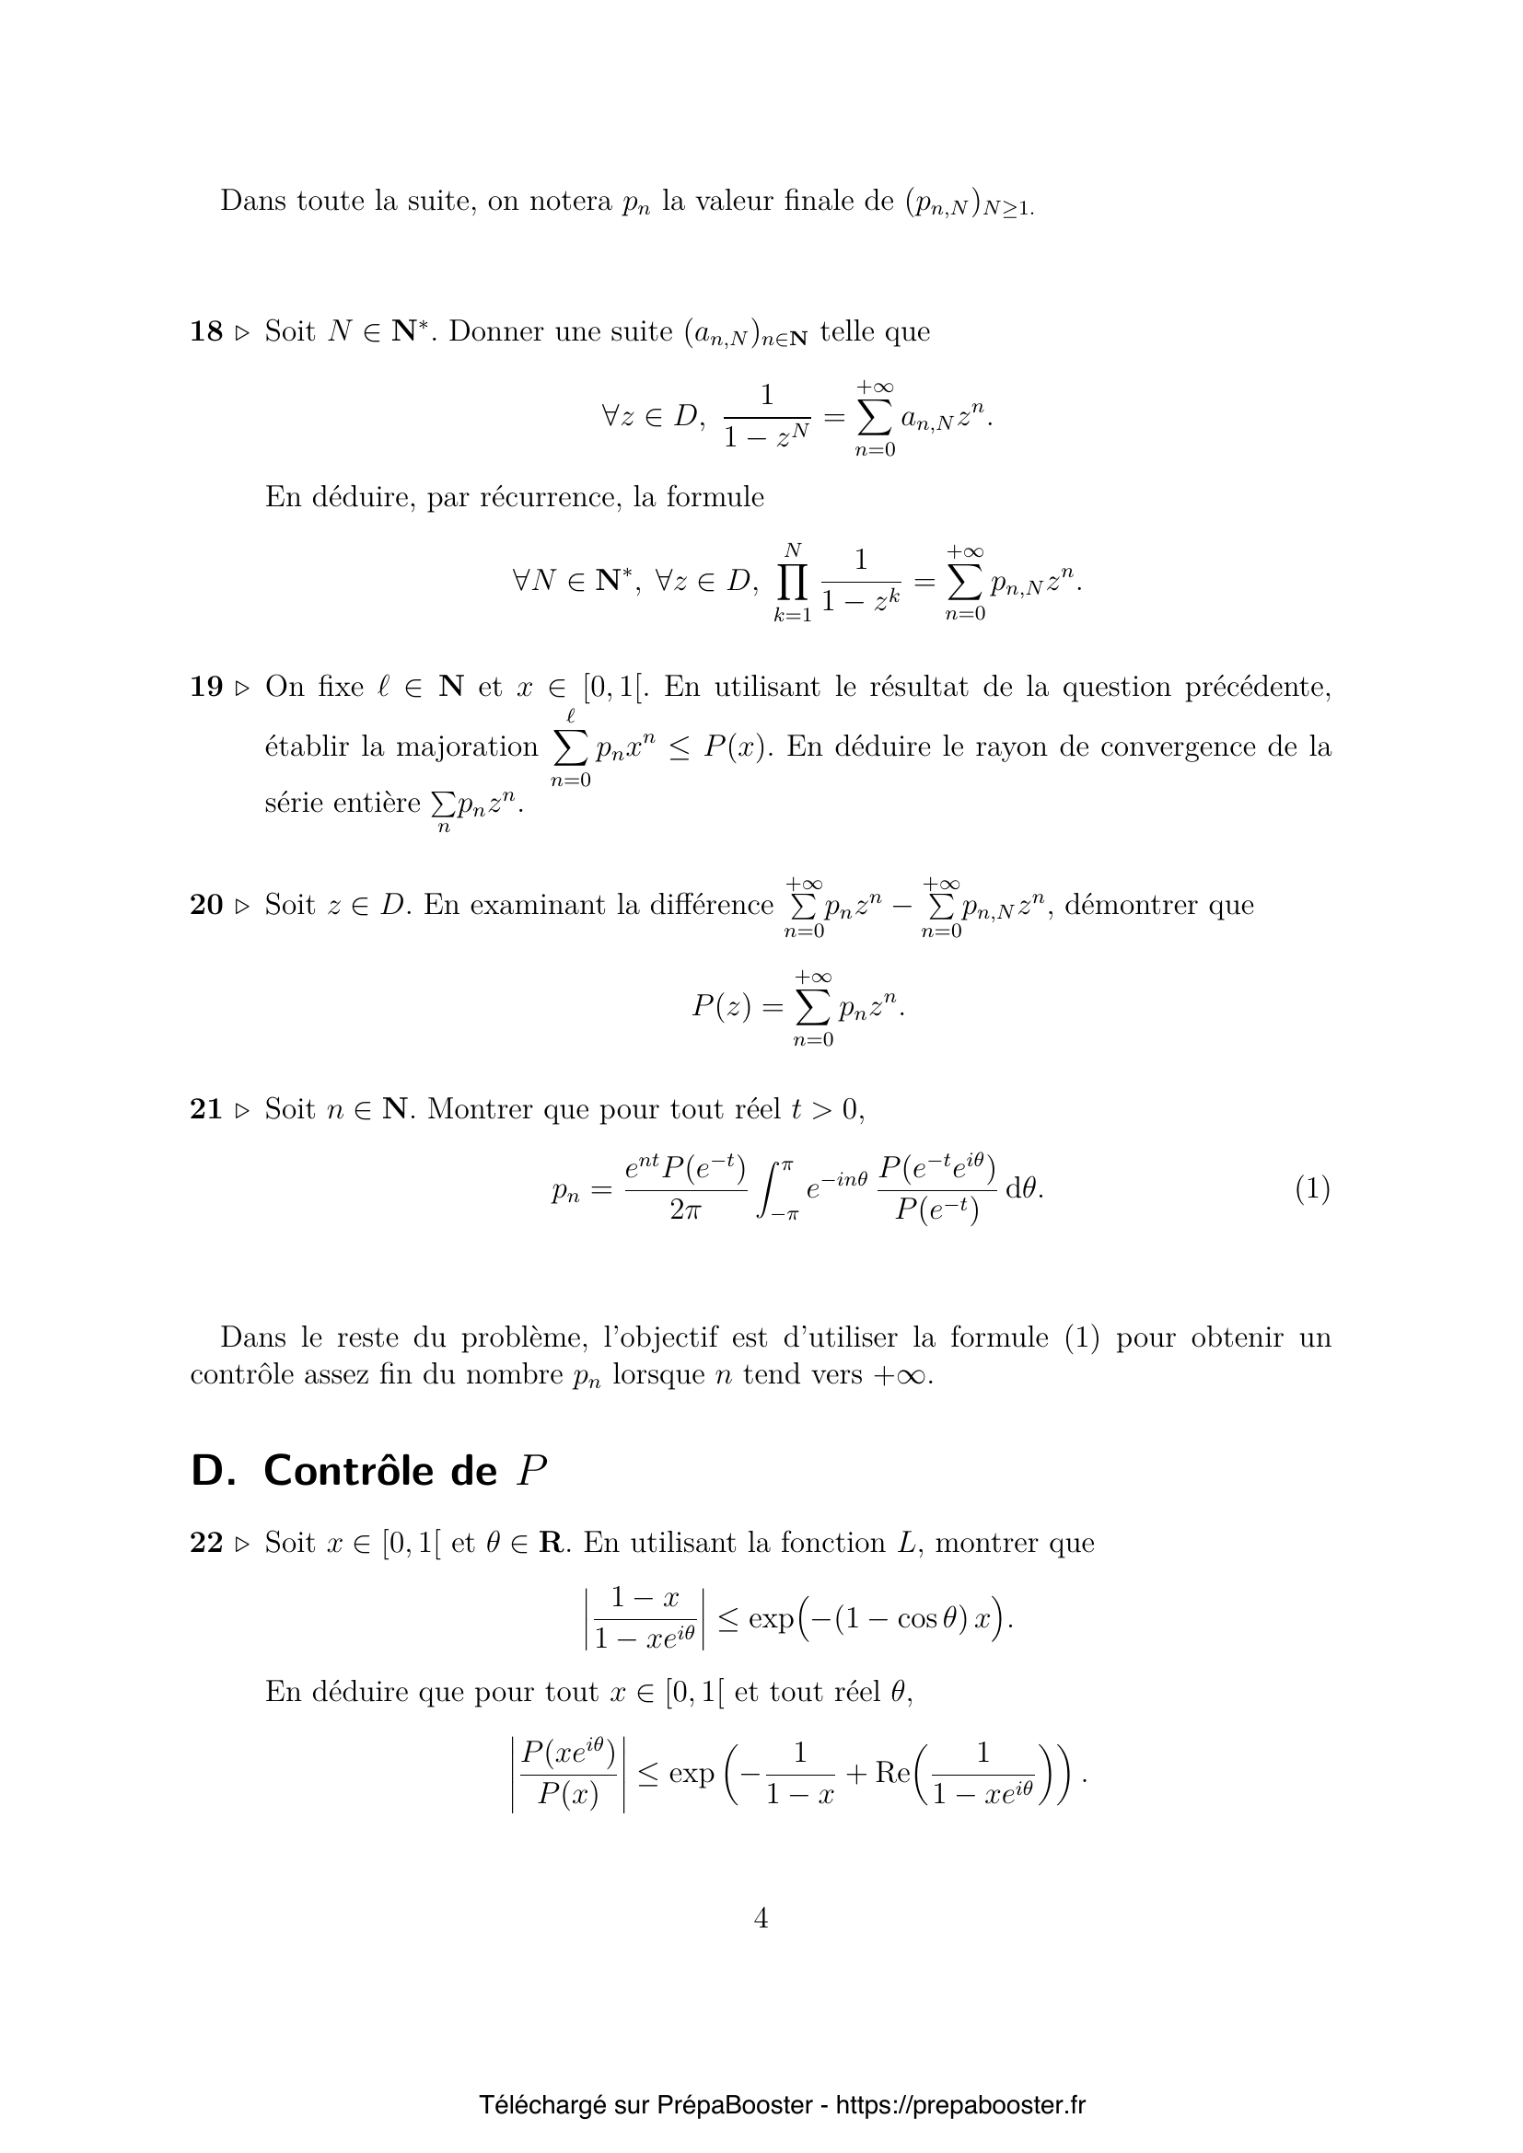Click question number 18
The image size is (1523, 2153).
[206, 331]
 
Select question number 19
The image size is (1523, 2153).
[206, 687]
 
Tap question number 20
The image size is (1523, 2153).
[206, 905]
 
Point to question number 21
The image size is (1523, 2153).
[206, 1109]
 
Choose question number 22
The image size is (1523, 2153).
[206, 1543]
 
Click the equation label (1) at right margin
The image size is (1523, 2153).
[1312, 1189]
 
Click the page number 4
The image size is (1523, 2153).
[761, 1917]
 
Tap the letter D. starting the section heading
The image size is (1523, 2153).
[213, 1470]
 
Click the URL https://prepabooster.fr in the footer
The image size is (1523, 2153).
[960, 2105]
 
